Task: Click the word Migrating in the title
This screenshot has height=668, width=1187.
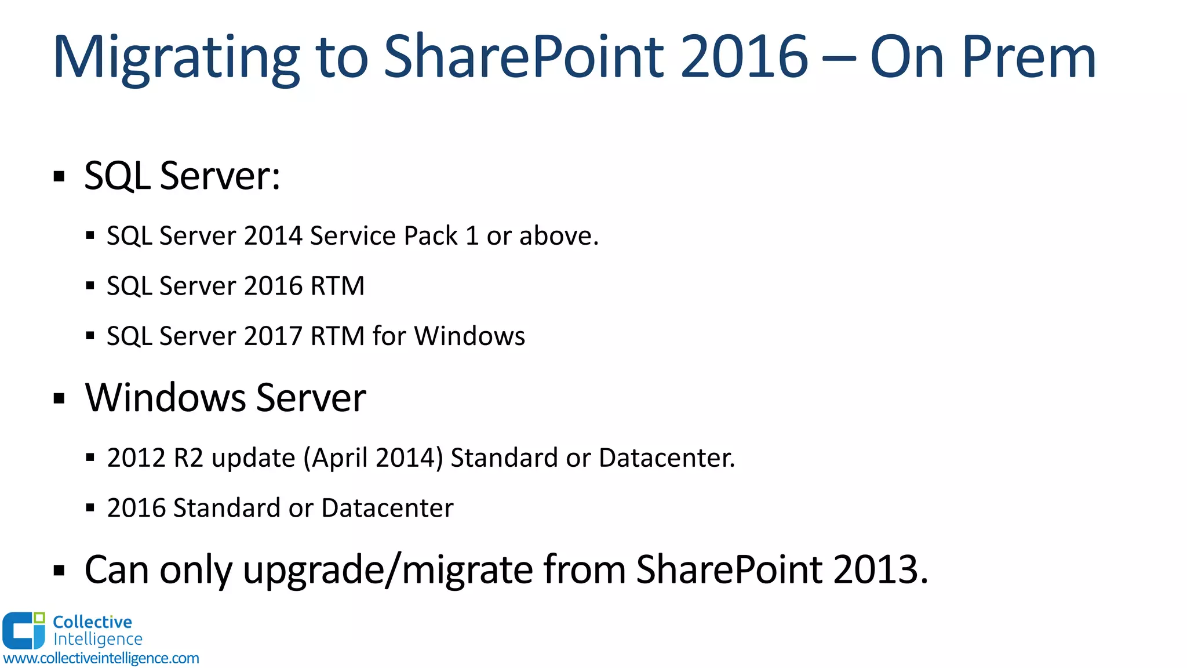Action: click(176, 58)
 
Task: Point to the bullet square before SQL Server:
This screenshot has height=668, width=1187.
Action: click(59, 176)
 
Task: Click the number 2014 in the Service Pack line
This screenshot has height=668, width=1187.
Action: click(273, 236)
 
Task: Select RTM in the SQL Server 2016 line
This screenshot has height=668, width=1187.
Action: click(337, 286)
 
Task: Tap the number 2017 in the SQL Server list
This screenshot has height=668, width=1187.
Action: click(273, 336)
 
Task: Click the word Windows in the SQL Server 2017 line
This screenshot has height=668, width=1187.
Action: click(469, 336)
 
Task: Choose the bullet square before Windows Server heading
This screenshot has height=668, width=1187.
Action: click(59, 399)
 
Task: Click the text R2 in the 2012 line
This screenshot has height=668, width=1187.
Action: click(188, 458)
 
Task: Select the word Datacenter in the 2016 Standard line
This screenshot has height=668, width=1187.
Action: click(387, 508)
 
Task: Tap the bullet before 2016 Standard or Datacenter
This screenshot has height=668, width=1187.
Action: click(90, 509)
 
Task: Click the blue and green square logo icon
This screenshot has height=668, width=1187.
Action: click(24, 630)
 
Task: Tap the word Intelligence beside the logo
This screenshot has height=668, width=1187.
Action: click(97, 639)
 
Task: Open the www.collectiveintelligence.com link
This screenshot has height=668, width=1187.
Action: click(101, 658)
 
